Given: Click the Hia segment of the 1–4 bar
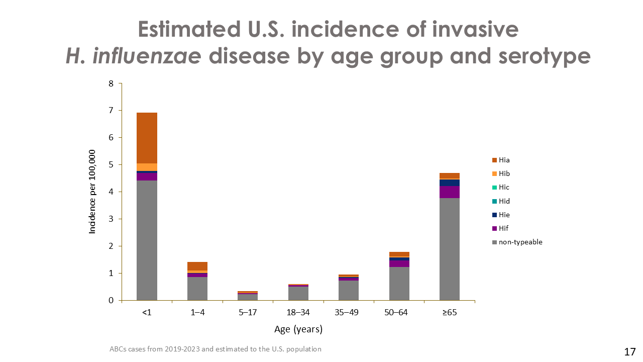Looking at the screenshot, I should point(197,266).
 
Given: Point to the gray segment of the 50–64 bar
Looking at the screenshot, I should point(399,284).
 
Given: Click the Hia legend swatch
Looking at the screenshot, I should point(495,160).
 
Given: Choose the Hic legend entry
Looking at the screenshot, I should point(504,188).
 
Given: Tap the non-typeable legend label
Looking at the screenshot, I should point(520,242).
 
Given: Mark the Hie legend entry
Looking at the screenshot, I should point(504,215).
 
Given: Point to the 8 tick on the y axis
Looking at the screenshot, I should point(111,83).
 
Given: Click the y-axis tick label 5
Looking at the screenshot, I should point(111,165).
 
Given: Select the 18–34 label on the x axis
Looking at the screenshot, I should point(298,313).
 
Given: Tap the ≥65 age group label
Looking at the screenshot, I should point(449,313).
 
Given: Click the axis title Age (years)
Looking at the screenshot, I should point(298,330).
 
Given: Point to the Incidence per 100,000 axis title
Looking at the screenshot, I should point(92,192).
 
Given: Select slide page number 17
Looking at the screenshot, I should point(630,351).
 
